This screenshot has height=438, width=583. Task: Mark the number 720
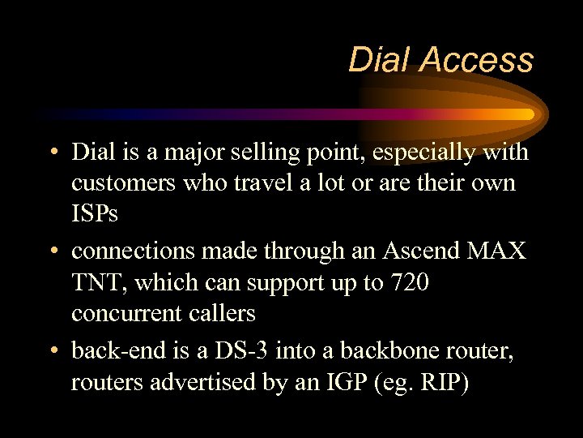tap(409, 282)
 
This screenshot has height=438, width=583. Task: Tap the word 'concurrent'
tap(129, 313)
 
